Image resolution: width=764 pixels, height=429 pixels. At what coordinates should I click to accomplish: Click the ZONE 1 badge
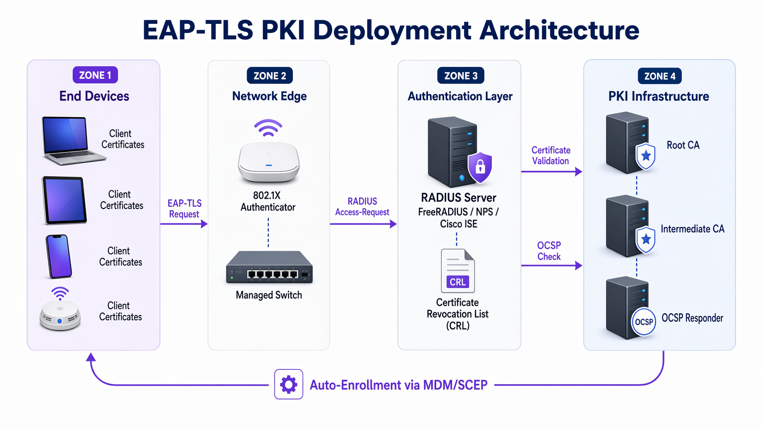95,75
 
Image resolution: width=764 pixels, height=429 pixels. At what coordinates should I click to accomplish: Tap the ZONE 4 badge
660,76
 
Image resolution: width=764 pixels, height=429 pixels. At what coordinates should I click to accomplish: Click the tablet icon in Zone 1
65,200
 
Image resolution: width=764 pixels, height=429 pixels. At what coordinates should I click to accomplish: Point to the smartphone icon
59,256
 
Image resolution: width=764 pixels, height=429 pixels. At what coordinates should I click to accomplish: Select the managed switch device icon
269,268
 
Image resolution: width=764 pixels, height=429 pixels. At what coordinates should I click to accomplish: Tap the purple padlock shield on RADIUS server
480,167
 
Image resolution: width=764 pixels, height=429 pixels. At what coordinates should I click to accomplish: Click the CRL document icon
458,271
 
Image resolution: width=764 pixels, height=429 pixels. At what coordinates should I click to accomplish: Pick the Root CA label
683,145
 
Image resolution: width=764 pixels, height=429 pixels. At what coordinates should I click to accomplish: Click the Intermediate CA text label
692,229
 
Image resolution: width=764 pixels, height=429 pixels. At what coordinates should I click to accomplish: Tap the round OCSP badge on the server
644,322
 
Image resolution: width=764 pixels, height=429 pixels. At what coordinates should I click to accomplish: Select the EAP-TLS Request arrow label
184,209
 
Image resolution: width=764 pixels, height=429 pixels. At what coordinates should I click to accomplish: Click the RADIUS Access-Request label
362,207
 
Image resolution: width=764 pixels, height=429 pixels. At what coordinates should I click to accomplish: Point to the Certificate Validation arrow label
551,155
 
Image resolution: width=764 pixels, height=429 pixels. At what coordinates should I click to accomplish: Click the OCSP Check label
549,251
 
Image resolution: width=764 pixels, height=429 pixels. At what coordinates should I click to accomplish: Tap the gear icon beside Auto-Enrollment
288,384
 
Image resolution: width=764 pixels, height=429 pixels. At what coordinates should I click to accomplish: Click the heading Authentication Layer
460,96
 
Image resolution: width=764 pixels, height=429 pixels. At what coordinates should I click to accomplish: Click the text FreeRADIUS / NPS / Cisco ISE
458,218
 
